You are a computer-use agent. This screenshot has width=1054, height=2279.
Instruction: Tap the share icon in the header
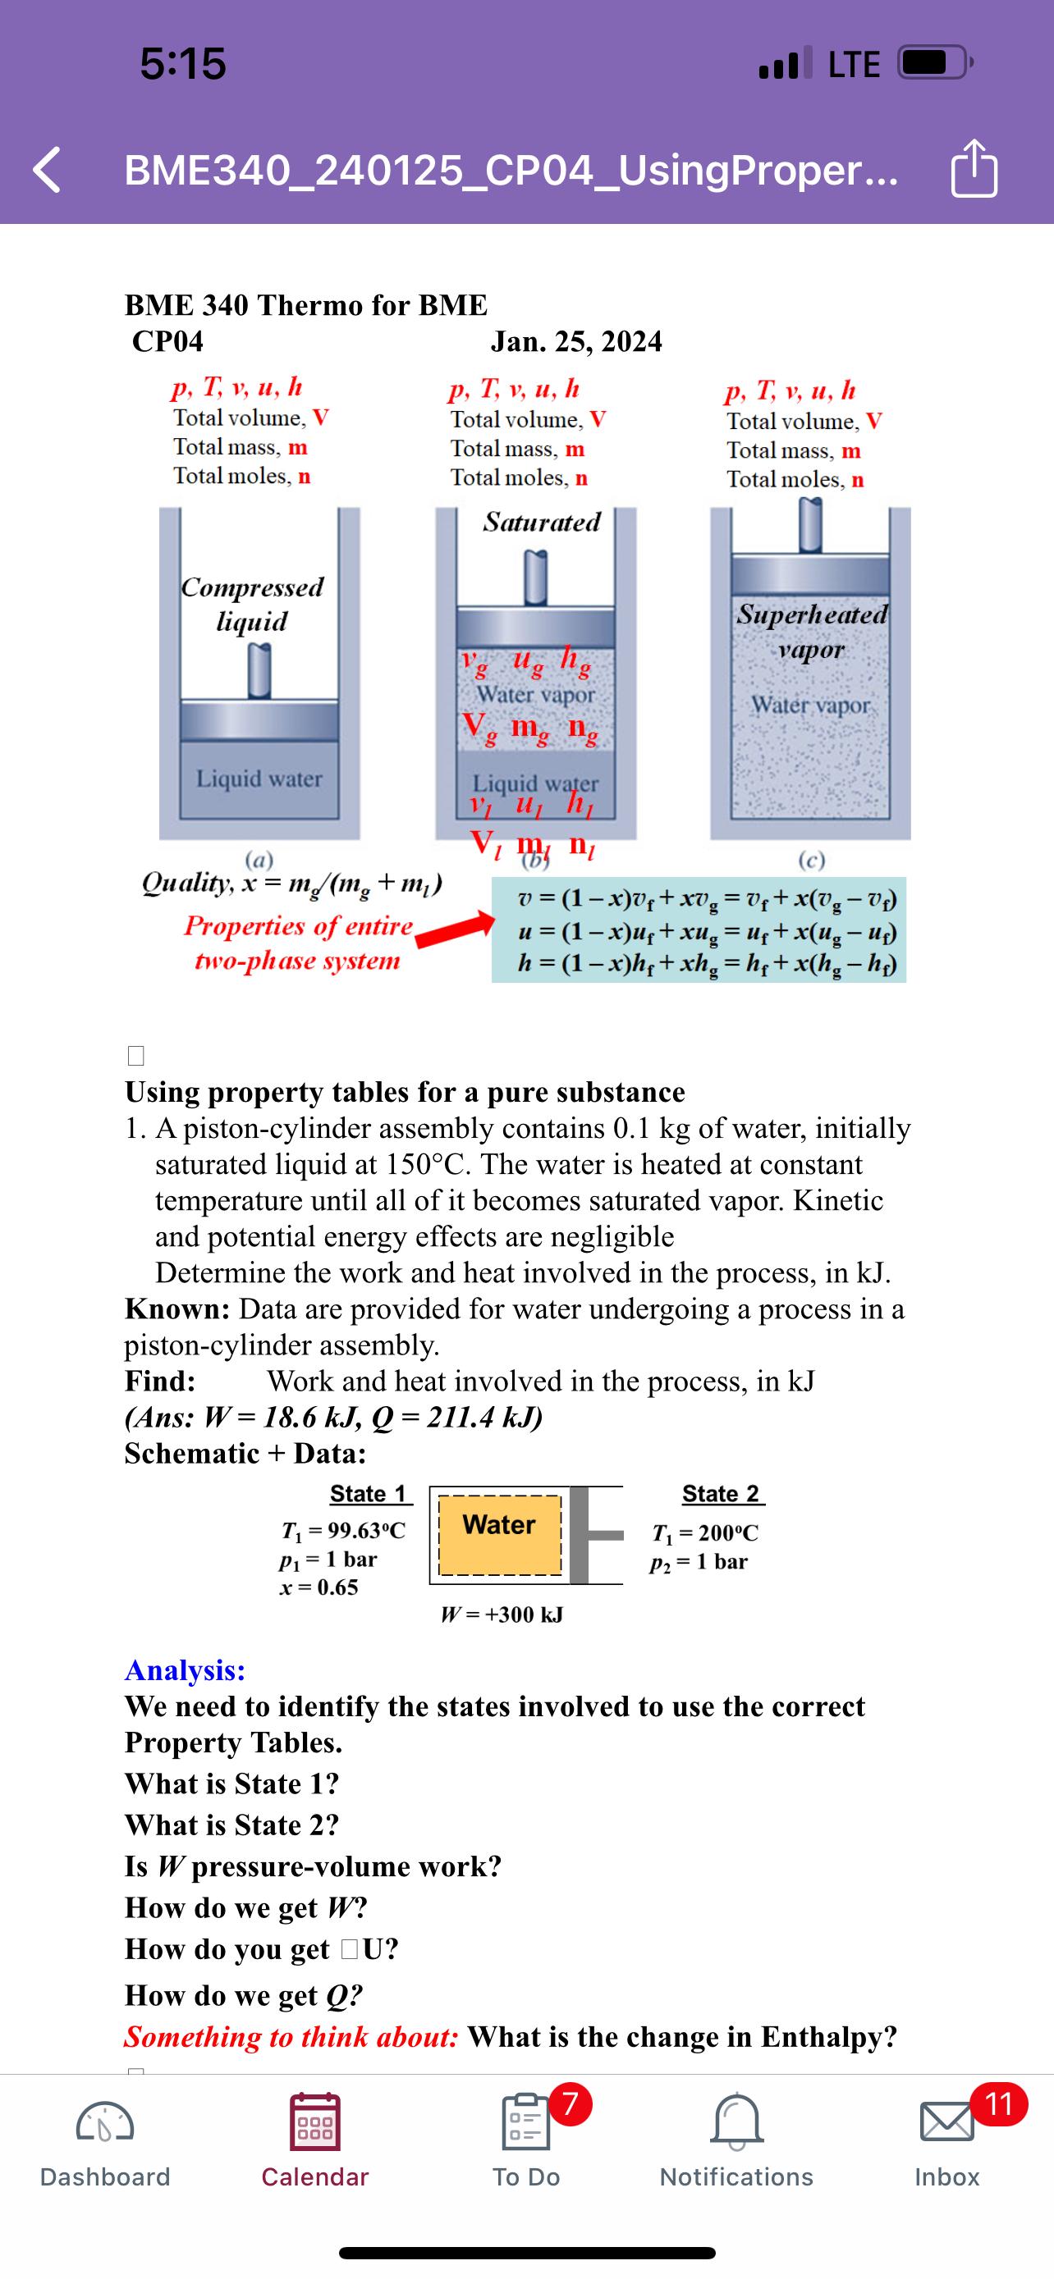pos(974,168)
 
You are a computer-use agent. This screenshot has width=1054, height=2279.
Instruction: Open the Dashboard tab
pos(105,2123)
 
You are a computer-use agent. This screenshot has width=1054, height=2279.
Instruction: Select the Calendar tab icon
pos(314,2122)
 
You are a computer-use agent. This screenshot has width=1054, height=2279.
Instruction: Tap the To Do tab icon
pos(525,2122)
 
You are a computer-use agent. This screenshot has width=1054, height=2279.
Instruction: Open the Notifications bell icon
pos(736,2122)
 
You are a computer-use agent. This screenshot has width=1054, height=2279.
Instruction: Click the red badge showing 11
pos(998,2103)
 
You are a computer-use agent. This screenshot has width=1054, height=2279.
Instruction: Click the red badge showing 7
pos(571,2103)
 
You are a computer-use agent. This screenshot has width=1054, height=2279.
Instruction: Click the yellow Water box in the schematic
pos(500,1535)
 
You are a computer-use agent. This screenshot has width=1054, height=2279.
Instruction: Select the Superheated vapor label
pos(812,631)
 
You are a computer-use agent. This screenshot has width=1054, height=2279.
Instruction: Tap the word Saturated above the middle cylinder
pos(542,522)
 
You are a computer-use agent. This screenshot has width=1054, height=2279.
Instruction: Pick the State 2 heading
pos(722,1494)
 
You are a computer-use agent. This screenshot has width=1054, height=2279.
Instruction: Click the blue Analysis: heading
pos(185,1669)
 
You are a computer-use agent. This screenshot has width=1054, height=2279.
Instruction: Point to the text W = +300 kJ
pos(502,1614)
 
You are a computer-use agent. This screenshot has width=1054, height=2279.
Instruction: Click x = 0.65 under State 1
pos(318,1587)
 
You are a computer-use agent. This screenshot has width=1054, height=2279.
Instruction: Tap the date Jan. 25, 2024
pos(576,341)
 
